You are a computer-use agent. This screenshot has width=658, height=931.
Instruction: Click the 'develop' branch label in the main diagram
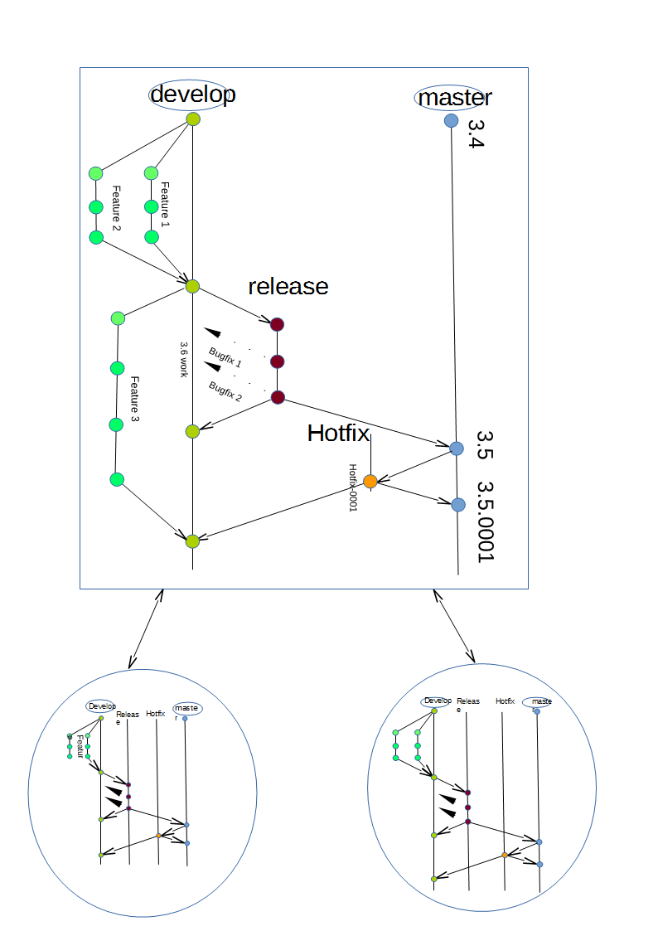pyautogui.click(x=192, y=95)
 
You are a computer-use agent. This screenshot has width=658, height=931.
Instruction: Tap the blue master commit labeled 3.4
pyautogui.click(x=452, y=121)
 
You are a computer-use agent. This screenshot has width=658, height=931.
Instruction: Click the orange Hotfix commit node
pyautogui.click(x=370, y=481)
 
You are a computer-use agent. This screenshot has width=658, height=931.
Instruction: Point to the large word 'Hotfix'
pyautogui.click(x=338, y=433)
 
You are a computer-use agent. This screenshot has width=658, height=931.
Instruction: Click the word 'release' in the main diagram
pyautogui.click(x=288, y=286)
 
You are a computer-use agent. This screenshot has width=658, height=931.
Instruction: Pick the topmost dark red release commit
pyautogui.click(x=278, y=324)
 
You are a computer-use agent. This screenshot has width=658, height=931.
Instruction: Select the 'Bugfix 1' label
pyautogui.click(x=225, y=357)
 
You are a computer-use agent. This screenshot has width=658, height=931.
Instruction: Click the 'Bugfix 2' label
pyautogui.click(x=225, y=391)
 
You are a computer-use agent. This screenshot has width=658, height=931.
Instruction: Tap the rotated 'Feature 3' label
pyautogui.click(x=134, y=400)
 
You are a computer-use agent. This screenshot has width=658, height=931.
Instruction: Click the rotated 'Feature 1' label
pyautogui.click(x=165, y=204)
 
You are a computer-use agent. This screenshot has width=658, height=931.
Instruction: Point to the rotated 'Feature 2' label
pyautogui.click(x=116, y=208)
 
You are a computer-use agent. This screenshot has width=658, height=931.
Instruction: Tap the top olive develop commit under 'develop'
pyautogui.click(x=193, y=119)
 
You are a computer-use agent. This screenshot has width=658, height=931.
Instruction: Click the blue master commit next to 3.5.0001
pyautogui.click(x=458, y=504)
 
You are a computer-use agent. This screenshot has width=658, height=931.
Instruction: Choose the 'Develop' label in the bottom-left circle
pyautogui.click(x=100, y=706)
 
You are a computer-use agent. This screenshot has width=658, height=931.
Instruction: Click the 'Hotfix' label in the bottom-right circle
pyautogui.click(x=506, y=701)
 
